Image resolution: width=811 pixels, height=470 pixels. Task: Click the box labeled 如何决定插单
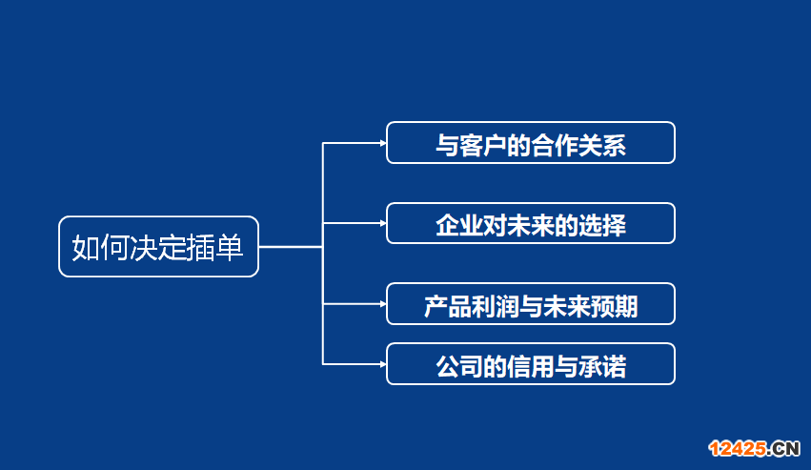[158, 247]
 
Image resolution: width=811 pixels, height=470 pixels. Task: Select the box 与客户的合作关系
[530, 143]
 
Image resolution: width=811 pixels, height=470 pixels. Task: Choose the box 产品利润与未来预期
[530, 304]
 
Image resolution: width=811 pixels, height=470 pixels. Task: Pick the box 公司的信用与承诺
[530, 364]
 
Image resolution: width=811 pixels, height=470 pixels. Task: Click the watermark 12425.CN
[752, 448]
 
